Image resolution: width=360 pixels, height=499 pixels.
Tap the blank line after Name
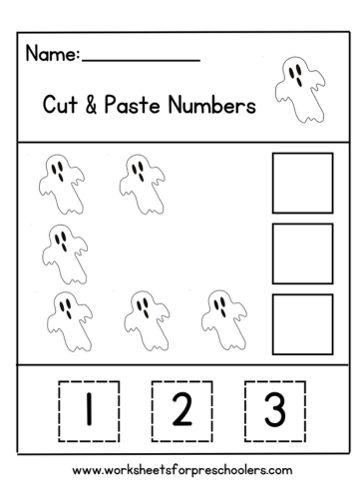(141, 59)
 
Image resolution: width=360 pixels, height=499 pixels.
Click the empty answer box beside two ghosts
(302, 183)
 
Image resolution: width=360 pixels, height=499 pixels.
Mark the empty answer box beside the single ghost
(302, 253)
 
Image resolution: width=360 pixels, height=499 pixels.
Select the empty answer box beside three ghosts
(302, 323)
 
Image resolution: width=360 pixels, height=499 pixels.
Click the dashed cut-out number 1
(89, 409)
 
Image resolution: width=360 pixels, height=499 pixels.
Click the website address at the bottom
(180, 469)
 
